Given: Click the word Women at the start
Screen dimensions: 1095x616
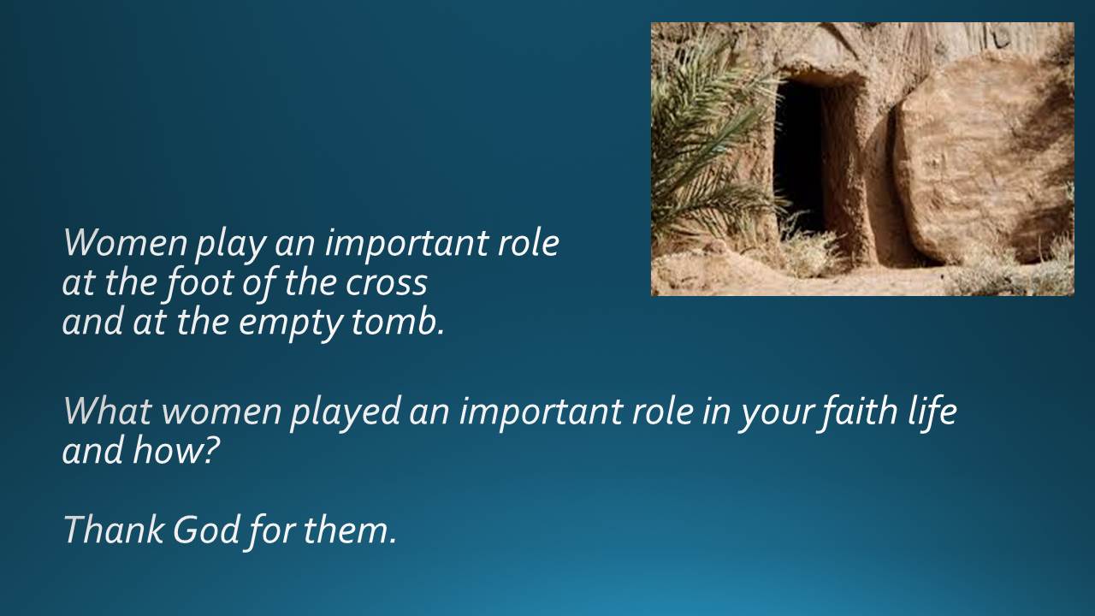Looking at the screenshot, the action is (125, 242).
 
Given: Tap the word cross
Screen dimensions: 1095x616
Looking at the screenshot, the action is (386, 282).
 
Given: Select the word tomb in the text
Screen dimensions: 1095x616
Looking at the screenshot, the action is (398, 321).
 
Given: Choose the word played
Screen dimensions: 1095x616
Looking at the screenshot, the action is (345, 413).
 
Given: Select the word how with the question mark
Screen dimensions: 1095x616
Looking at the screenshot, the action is (174, 450).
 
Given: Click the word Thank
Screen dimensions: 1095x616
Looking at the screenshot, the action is (114, 530).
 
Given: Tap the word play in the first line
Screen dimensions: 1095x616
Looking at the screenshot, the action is (231, 246).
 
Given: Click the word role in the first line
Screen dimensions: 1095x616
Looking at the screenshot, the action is (529, 242).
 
